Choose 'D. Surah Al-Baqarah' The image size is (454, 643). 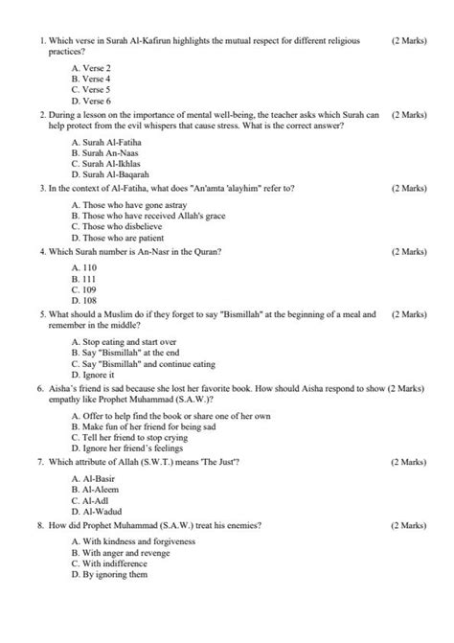pyautogui.click(x=109, y=174)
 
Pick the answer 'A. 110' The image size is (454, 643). pyautogui.click(x=85, y=267)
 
